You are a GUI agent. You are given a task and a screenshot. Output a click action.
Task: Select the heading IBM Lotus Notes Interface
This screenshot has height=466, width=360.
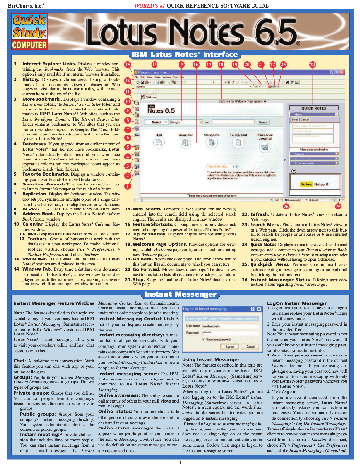(x=180, y=58)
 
